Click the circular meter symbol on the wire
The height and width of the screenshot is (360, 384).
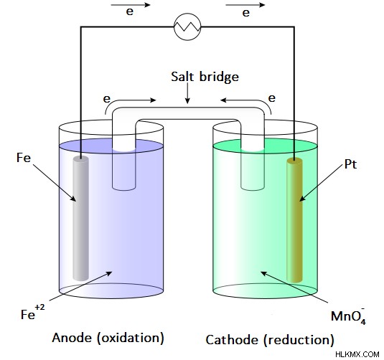(187, 27)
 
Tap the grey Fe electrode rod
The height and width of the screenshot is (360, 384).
(81, 218)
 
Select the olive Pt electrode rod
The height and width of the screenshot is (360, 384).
(294, 219)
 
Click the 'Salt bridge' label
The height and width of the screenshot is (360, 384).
(205, 77)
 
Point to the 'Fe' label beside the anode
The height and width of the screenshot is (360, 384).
(24, 158)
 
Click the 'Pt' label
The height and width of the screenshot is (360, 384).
(350, 164)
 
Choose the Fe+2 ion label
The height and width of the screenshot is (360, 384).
(33, 312)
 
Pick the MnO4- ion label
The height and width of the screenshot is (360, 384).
(348, 316)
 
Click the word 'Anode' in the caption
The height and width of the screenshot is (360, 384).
(72, 338)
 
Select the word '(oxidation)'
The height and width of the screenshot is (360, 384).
(131, 338)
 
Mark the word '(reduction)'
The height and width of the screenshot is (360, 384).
(299, 340)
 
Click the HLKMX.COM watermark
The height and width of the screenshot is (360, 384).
(357, 354)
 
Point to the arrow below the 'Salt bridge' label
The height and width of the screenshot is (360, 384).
(187, 93)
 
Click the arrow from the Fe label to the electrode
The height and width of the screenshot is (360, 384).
(55, 183)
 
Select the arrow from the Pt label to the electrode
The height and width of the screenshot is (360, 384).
(321, 183)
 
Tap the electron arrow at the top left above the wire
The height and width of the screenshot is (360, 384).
(131, 5)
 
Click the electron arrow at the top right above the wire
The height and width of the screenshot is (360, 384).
(245, 5)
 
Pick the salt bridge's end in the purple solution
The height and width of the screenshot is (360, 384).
(124, 188)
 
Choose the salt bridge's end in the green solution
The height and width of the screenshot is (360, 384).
(253, 188)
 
